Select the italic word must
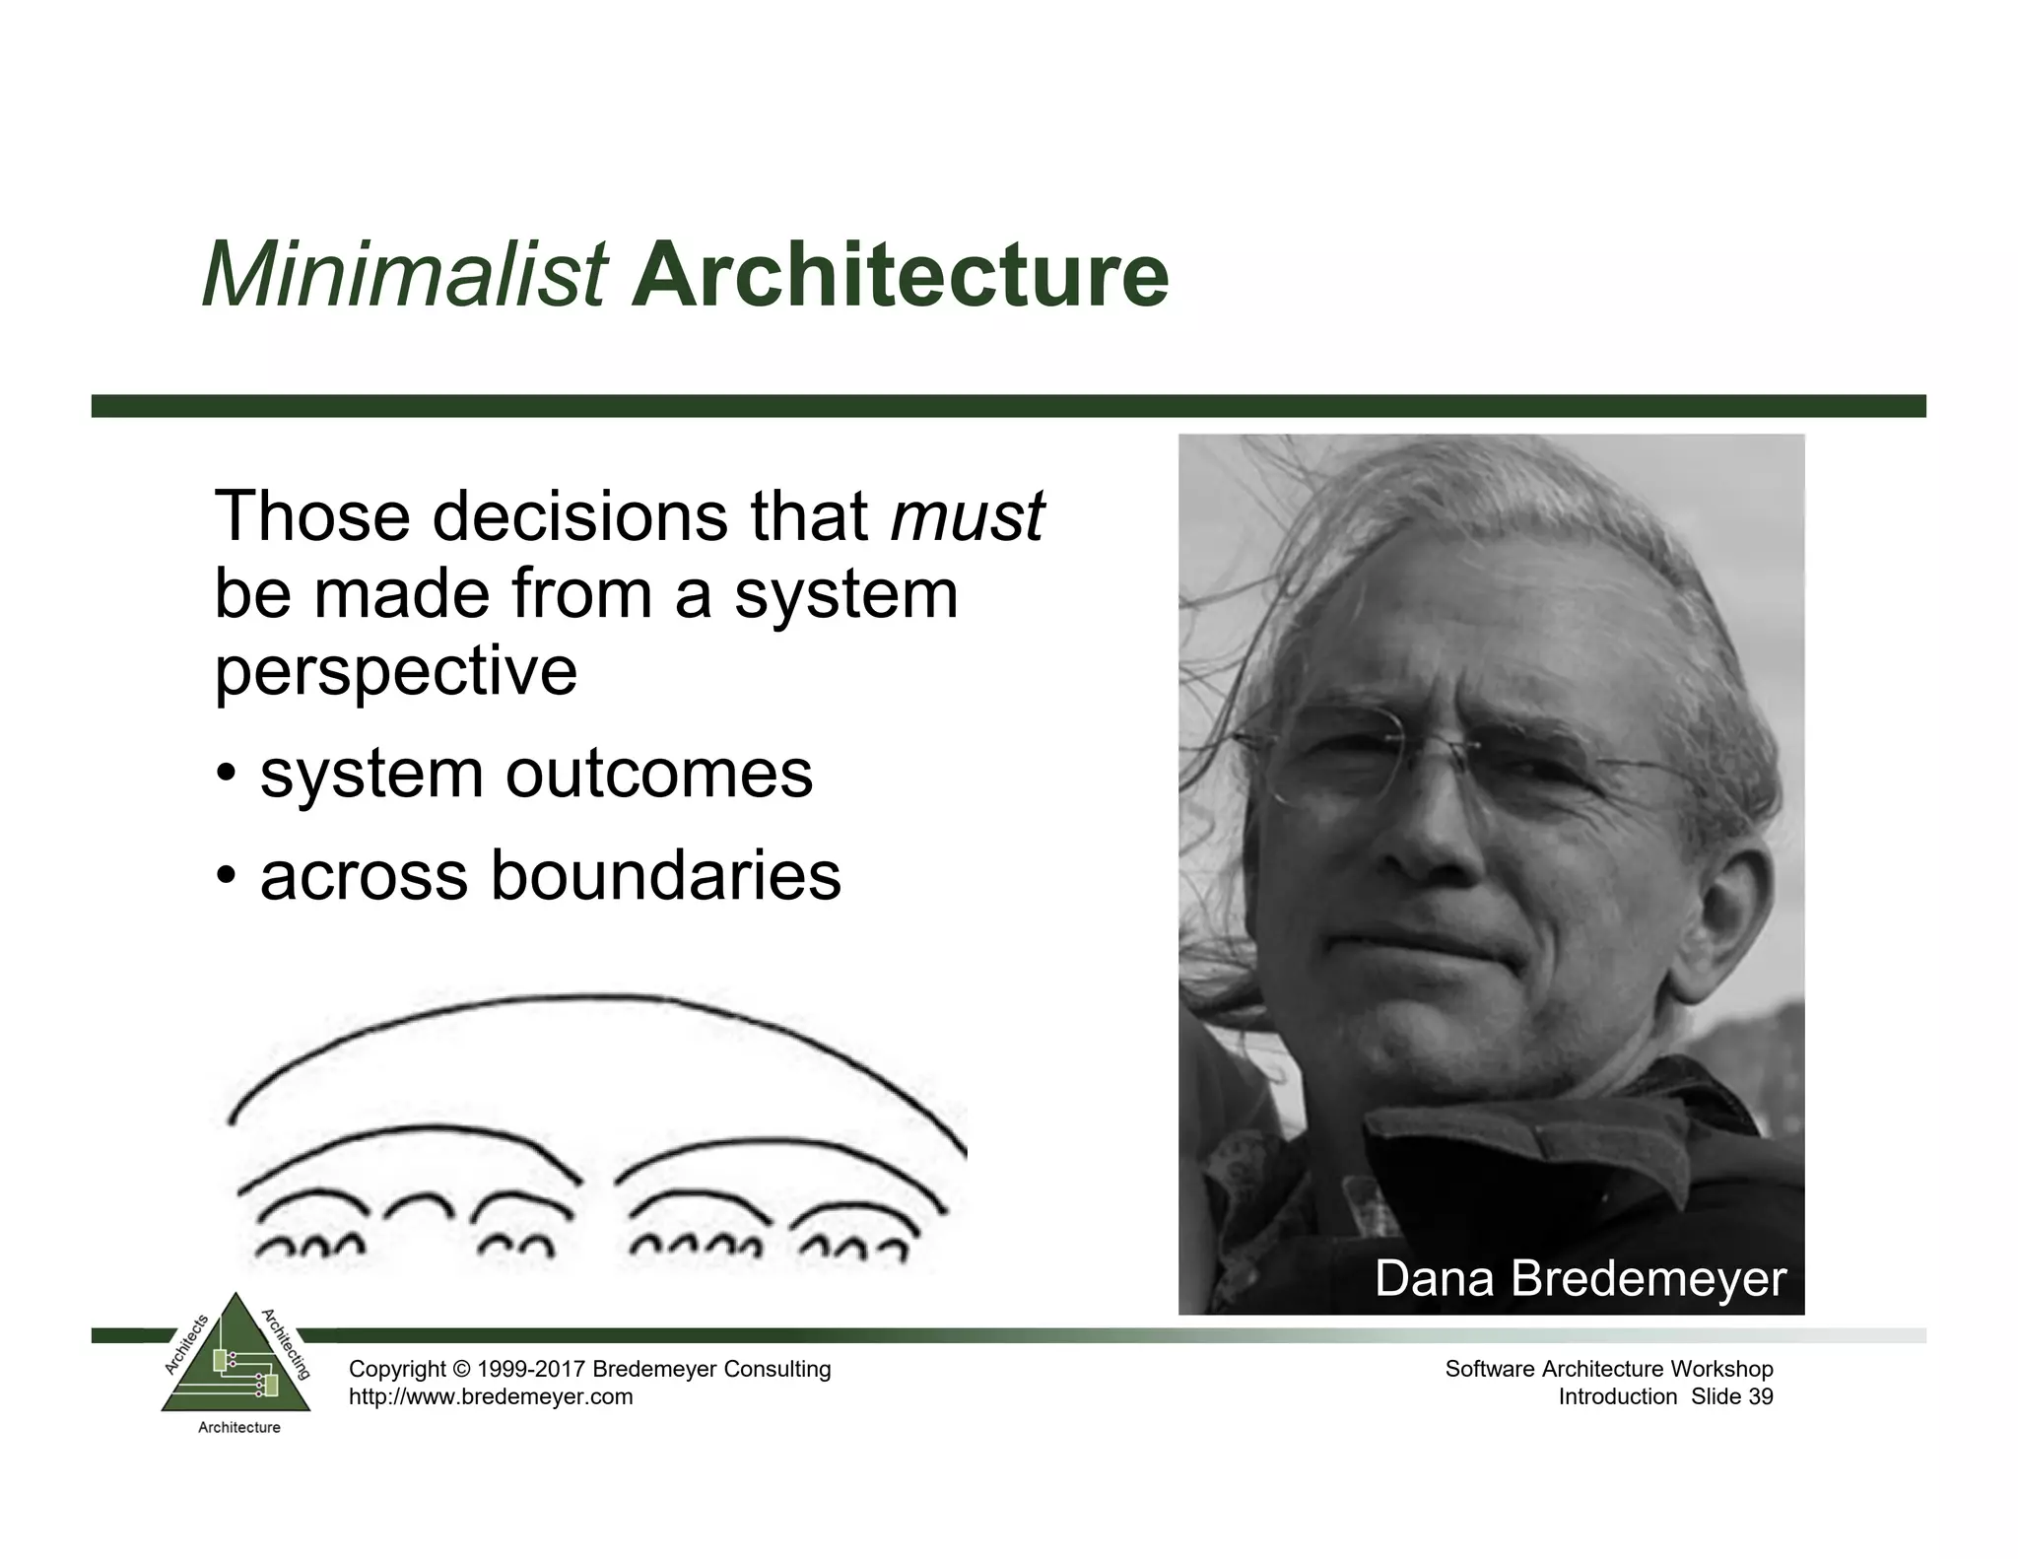tap(966, 516)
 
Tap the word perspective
tap(395, 672)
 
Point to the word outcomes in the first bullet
tap(659, 774)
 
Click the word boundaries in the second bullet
tap(666, 876)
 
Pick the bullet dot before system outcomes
tap(227, 774)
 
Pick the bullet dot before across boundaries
tap(227, 876)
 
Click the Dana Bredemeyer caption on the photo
tap(1580, 1279)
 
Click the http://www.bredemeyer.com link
tap(491, 1397)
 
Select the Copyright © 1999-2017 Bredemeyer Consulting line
tap(589, 1369)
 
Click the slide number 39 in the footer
tap(1760, 1397)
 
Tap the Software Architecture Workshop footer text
tap(1608, 1369)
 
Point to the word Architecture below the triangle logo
tap(238, 1428)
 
